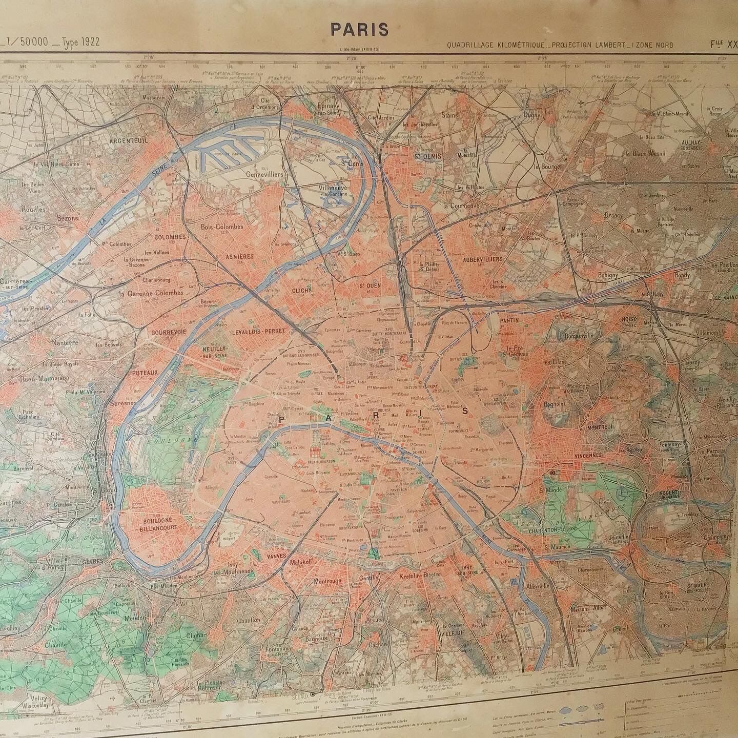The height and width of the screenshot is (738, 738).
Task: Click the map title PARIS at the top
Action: tap(359, 30)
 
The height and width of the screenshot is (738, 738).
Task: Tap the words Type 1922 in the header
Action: tap(81, 43)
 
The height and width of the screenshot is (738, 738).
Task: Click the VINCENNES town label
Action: tap(581, 455)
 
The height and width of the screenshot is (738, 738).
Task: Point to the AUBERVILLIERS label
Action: tap(482, 260)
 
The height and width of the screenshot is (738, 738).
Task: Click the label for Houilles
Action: tap(33, 209)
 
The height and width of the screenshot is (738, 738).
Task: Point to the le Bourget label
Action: tap(548, 167)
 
